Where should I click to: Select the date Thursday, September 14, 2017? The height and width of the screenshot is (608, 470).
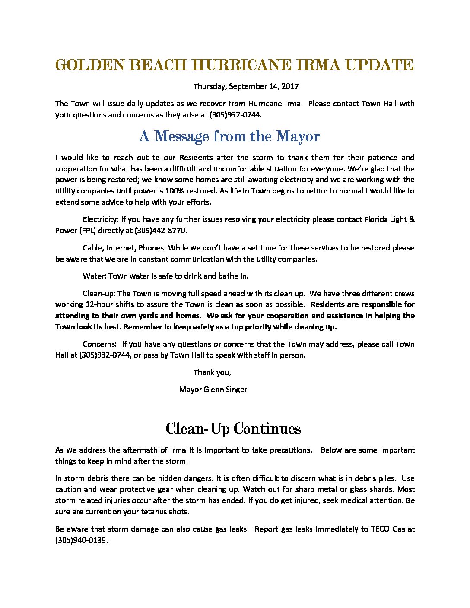pos(246,86)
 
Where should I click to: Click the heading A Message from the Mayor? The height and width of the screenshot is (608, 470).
pos(229,136)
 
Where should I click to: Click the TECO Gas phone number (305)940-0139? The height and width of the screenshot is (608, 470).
pos(81,540)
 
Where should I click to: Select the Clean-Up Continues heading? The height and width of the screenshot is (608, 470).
pos(233,429)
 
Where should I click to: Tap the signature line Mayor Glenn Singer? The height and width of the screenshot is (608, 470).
pos(213,389)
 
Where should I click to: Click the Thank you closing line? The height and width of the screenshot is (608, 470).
pos(212,372)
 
